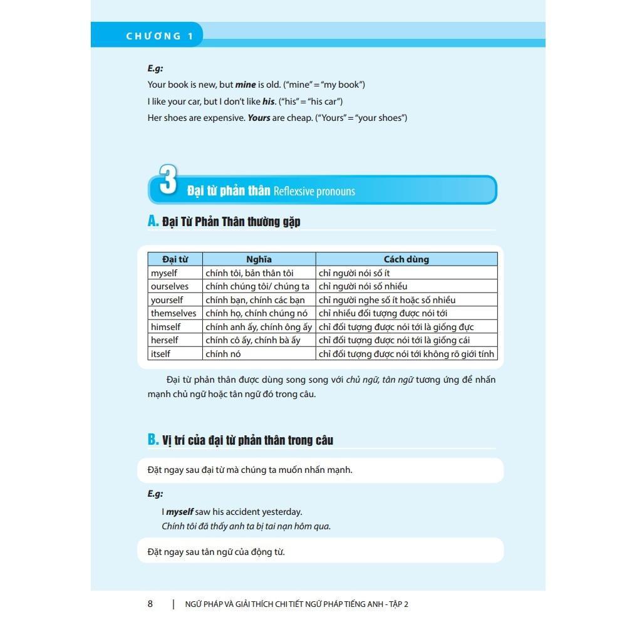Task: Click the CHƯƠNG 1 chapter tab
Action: (x=160, y=36)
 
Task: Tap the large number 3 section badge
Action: (x=167, y=182)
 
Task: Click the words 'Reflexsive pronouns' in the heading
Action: (x=314, y=191)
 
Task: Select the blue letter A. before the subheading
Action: (x=153, y=220)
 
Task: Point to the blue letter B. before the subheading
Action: (x=153, y=440)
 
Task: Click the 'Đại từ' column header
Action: (x=175, y=259)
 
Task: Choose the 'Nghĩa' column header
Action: (x=259, y=259)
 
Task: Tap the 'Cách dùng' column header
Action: (x=406, y=259)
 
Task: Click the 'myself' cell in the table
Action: (x=164, y=273)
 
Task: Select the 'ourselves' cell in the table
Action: (x=169, y=286)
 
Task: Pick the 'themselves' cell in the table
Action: (x=173, y=313)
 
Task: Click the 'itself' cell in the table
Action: (x=160, y=354)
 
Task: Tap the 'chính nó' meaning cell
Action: (x=223, y=354)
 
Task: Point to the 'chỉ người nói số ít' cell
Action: (x=354, y=273)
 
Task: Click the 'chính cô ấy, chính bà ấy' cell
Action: (x=253, y=340)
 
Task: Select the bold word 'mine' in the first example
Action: (x=246, y=85)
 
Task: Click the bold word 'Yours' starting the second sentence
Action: (x=259, y=118)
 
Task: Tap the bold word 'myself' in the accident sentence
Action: (x=180, y=512)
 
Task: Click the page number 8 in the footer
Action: (x=150, y=604)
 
